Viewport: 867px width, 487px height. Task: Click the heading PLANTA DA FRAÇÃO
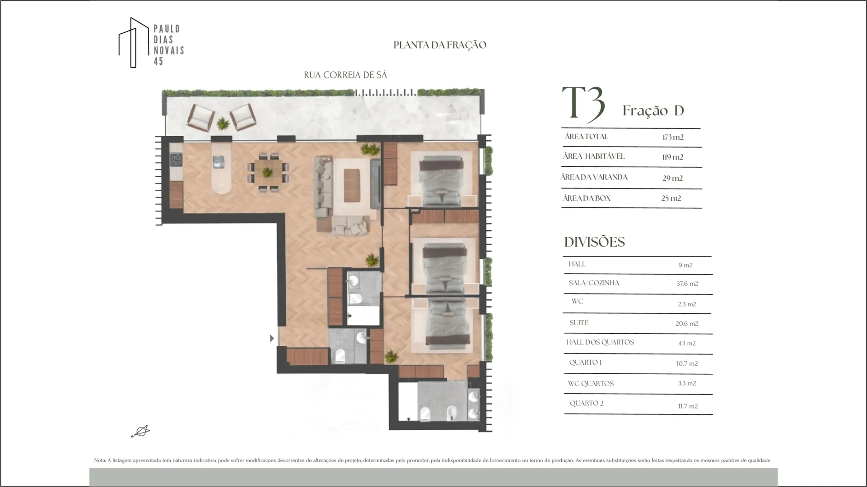click(440, 45)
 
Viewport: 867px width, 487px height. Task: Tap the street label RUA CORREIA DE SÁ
click(345, 75)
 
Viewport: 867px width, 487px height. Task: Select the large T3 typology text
click(583, 104)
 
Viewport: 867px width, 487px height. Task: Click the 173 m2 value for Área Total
click(673, 137)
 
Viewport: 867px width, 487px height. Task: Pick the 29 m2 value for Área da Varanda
click(672, 178)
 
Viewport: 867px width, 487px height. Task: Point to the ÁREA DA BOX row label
click(587, 198)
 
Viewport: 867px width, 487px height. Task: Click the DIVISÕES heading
click(595, 242)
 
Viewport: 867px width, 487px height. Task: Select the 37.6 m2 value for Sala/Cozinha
click(687, 284)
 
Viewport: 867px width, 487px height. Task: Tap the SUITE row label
click(579, 323)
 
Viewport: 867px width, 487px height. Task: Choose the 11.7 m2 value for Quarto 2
click(688, 406)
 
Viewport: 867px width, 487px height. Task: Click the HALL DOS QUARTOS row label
click(600, 342)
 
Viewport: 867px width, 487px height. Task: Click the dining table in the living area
click(267, 172)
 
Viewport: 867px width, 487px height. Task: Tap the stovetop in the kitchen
click(176, 160)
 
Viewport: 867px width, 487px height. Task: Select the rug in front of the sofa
click(352, 185)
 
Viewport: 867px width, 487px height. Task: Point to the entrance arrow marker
click(272, 338)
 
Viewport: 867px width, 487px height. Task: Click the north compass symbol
click(140, 432)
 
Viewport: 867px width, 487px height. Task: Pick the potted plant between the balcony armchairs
click(222, 123)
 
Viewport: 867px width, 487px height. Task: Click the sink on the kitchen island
click(219, 161)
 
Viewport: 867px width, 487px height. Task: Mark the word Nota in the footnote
click(99, 460)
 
